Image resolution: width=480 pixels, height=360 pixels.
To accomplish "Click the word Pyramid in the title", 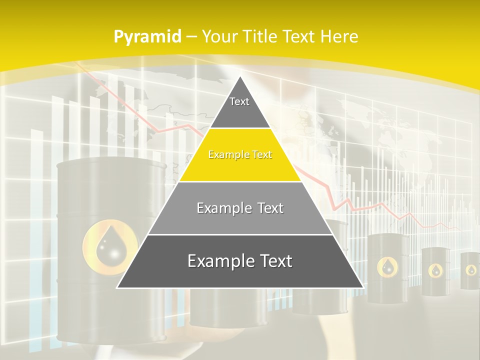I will point(147,37).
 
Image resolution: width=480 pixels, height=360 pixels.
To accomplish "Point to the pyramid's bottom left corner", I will point(118,287).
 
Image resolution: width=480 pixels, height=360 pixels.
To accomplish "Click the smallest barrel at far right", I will point(470,270).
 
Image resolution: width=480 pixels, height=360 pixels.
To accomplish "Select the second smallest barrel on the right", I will point(435,270).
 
